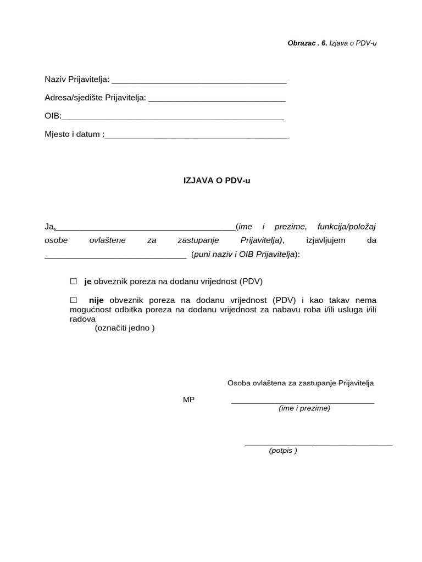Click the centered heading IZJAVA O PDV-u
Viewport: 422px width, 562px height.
click(x=216, y=179)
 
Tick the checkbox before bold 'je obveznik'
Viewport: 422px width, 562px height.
click(x=73, y=282)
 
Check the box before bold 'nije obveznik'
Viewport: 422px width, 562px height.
click(x=73, y=300)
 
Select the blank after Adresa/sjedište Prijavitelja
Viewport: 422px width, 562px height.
click(x=217, y=99)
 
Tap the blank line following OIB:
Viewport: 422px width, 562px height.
click(x=173, y=117)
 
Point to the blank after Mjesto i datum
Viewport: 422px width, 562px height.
click(x=197, y=136)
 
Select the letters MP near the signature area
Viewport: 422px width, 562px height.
click(x=188, y=400)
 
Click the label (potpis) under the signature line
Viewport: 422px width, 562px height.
click(x=283, y=451)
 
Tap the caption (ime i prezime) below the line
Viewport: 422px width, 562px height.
click(x=304, y=408)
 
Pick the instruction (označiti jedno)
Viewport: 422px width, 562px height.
click(x=125, y=328)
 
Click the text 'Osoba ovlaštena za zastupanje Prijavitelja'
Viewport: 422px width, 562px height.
click(x=301, y=383)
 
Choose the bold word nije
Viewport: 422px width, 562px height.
click(x=96, y=300)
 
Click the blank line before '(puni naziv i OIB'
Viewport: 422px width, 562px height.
click(x=115, y=256)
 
